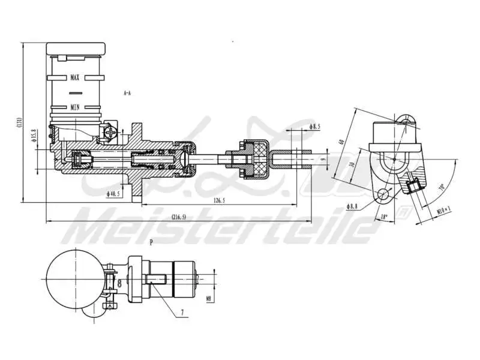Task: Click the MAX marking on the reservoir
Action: pyautogui.click(x=75, y=77)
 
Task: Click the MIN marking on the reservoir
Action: pyautogui.click(x=75, y=107)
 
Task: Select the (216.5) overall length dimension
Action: pyautogui.click(x=179, y=217)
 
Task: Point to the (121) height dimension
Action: pyautogui.click(x=20, y=123)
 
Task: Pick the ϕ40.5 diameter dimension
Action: pyautogui.click(x=113, y=194)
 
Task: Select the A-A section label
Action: pyautogui.click(x=127, y=94)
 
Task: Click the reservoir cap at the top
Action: pyautogui.click(x=76, y=48)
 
